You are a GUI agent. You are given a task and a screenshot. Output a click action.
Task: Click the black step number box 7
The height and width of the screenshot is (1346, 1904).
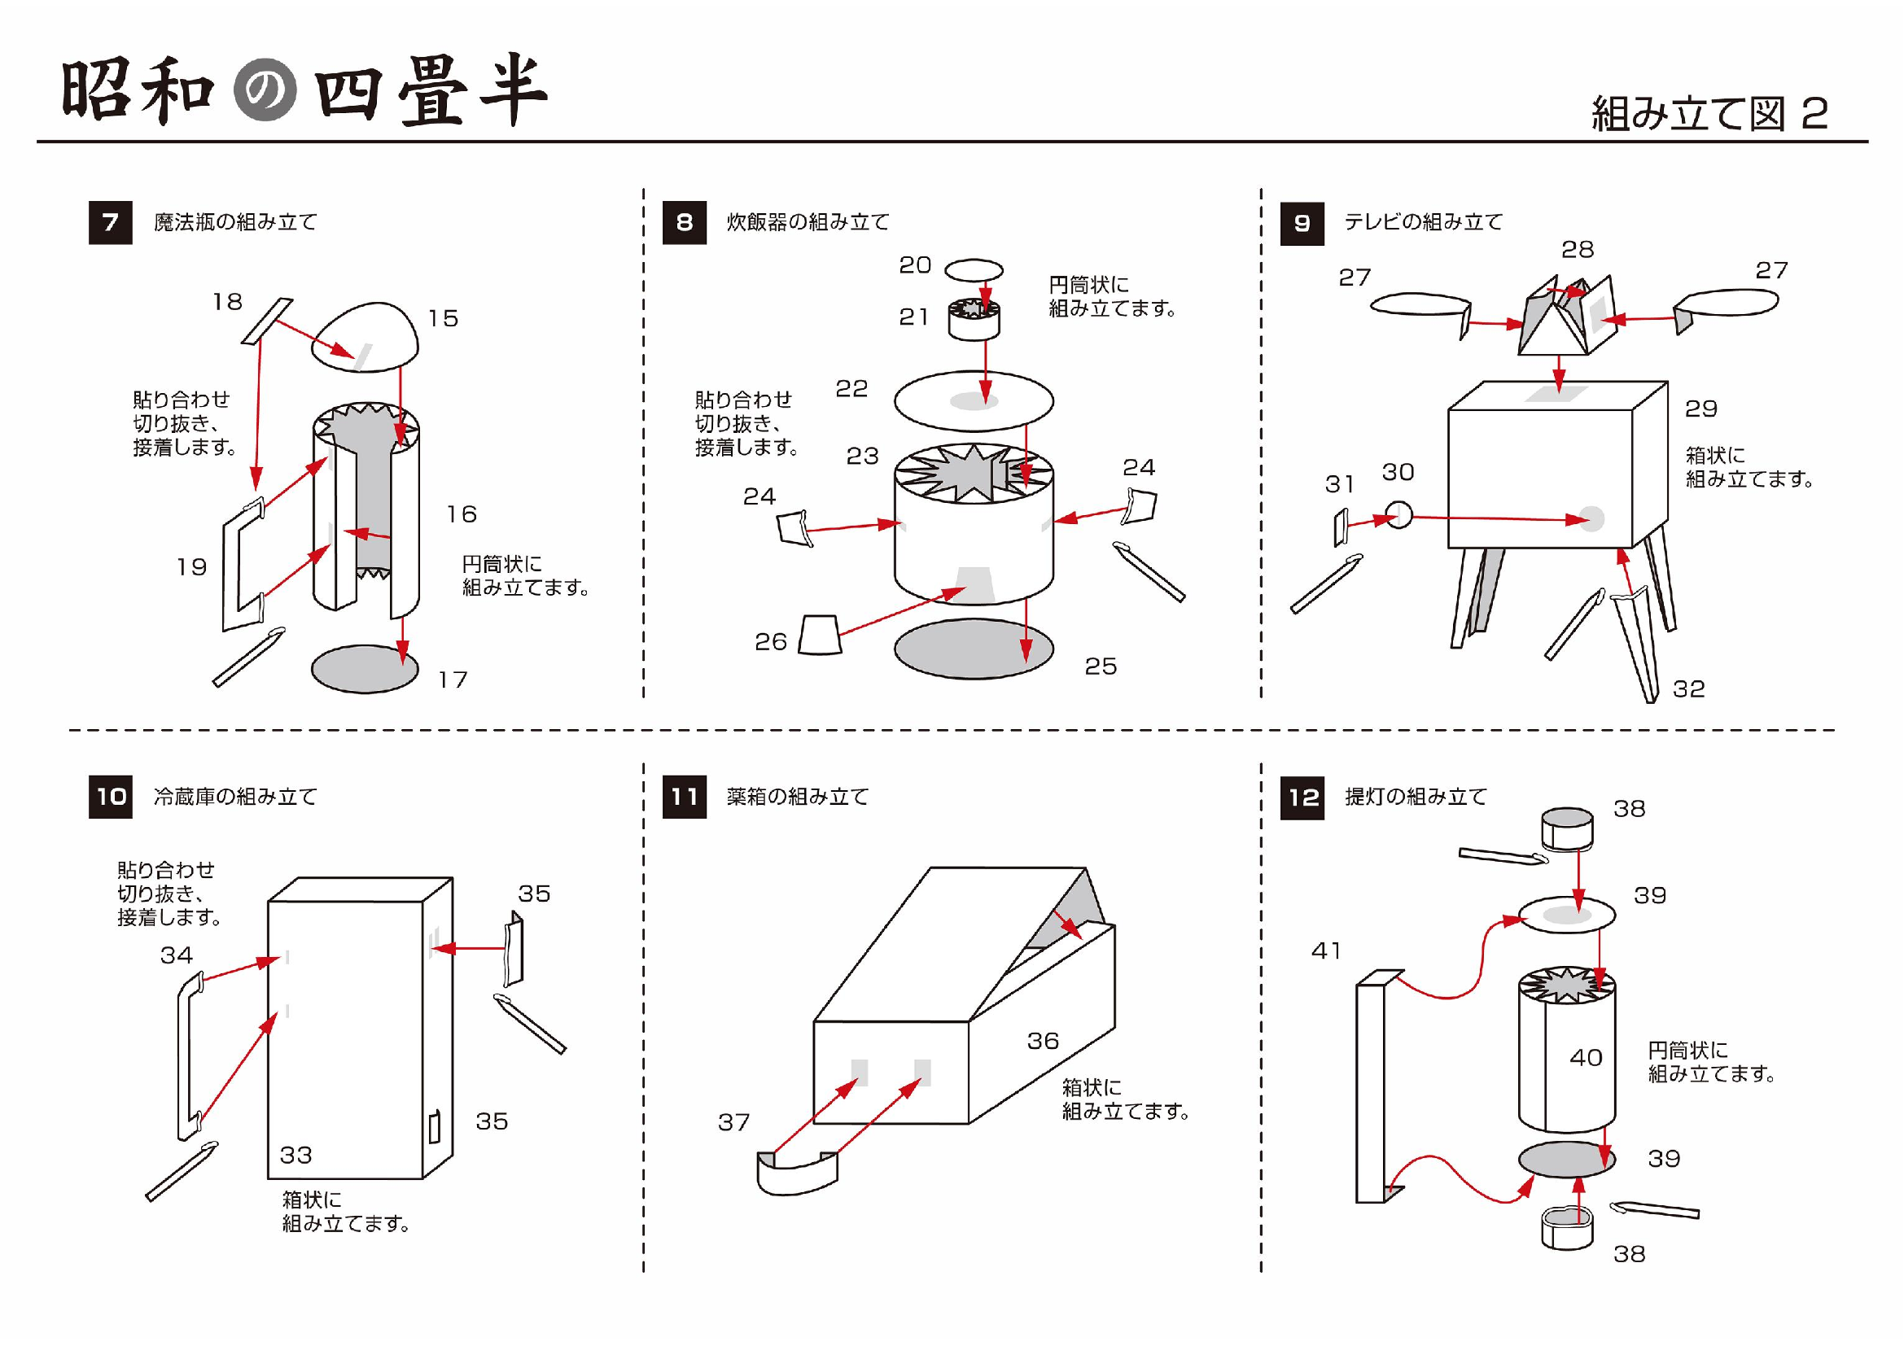[110, 222]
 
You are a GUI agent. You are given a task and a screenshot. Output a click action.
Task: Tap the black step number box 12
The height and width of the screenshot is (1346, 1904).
[1302, 798]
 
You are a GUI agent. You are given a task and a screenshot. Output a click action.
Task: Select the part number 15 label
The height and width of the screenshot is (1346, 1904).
[443, 319]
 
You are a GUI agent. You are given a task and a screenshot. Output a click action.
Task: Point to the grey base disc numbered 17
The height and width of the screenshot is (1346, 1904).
[364, 669]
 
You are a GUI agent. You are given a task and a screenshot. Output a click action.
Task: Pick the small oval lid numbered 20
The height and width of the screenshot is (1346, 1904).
[974, 270]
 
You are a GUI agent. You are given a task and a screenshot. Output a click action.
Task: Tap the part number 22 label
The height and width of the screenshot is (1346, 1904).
[851, 389]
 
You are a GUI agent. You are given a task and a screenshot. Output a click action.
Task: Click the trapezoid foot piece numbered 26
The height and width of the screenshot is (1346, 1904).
[821, 636]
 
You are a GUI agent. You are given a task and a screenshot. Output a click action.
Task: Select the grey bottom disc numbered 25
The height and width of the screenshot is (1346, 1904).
[974, 649]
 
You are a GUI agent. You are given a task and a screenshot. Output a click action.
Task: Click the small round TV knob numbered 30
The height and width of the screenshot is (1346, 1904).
[1398, 514]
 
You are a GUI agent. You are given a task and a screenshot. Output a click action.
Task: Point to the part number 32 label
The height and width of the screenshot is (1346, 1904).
[1688, 689]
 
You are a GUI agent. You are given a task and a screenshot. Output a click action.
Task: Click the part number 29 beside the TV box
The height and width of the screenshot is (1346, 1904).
[1700, 409]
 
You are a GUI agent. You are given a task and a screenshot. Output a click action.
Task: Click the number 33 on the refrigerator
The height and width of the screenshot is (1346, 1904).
[296, 1156]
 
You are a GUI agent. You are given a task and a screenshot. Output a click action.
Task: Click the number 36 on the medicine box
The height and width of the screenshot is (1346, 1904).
[1044, 1041]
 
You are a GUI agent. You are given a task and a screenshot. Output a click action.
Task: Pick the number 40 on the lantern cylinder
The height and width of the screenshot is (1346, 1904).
[1586, 1058]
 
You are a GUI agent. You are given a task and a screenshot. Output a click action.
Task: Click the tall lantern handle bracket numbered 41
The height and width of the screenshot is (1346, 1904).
[1372, 1086]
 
